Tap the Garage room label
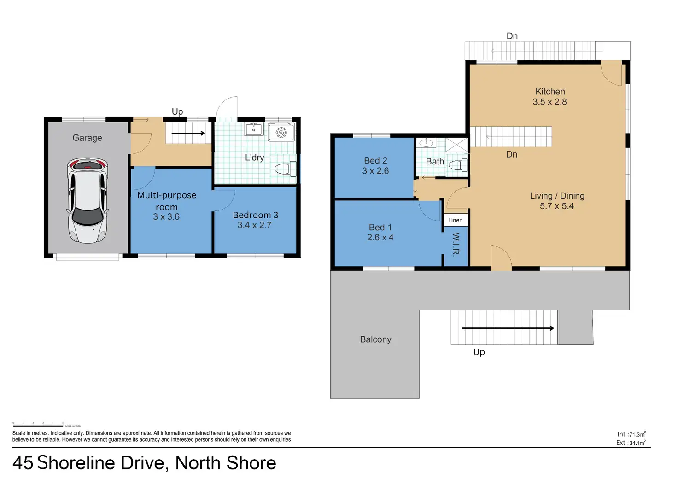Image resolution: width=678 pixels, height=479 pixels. pyautogui.click(x=87, y=138)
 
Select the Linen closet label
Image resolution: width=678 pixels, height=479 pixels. pyautogui.click(x=455, y=220)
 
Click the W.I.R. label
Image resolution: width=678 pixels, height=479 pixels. pyautogui.click(x=456, y=244)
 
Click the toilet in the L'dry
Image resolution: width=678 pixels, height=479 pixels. pyautogui.click(x=285, y=169)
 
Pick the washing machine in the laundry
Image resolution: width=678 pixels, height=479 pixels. pyautogui.click(x=281, y=133)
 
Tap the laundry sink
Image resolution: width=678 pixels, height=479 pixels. pyautogui.click(x=254, y=129)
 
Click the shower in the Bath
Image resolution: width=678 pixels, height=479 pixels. pyautogui.click(x=456, y=145)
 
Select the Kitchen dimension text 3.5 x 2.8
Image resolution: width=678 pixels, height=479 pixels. pyautogui.click(x=549, y=102)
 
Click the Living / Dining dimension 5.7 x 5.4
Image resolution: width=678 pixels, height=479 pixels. pyautogui.click(x=556, y=206)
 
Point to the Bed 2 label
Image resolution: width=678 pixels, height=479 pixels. pyautogui.click(x=375, y=160)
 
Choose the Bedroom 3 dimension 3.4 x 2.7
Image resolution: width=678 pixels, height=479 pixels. pyautogui.click(x=254, y=225)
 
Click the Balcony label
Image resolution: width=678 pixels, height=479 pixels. pyautogui.click(x=375, y=339)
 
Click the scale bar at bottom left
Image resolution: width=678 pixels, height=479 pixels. pyautogui.click(x=38, y=426)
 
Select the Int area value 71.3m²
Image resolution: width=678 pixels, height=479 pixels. pyautogui.click(x=637, y=434)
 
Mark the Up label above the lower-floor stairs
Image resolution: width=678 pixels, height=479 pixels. pyautogui.click(x=177, y=111)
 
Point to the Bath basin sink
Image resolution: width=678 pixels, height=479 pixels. pyautogui.click(x=427, y=143)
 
